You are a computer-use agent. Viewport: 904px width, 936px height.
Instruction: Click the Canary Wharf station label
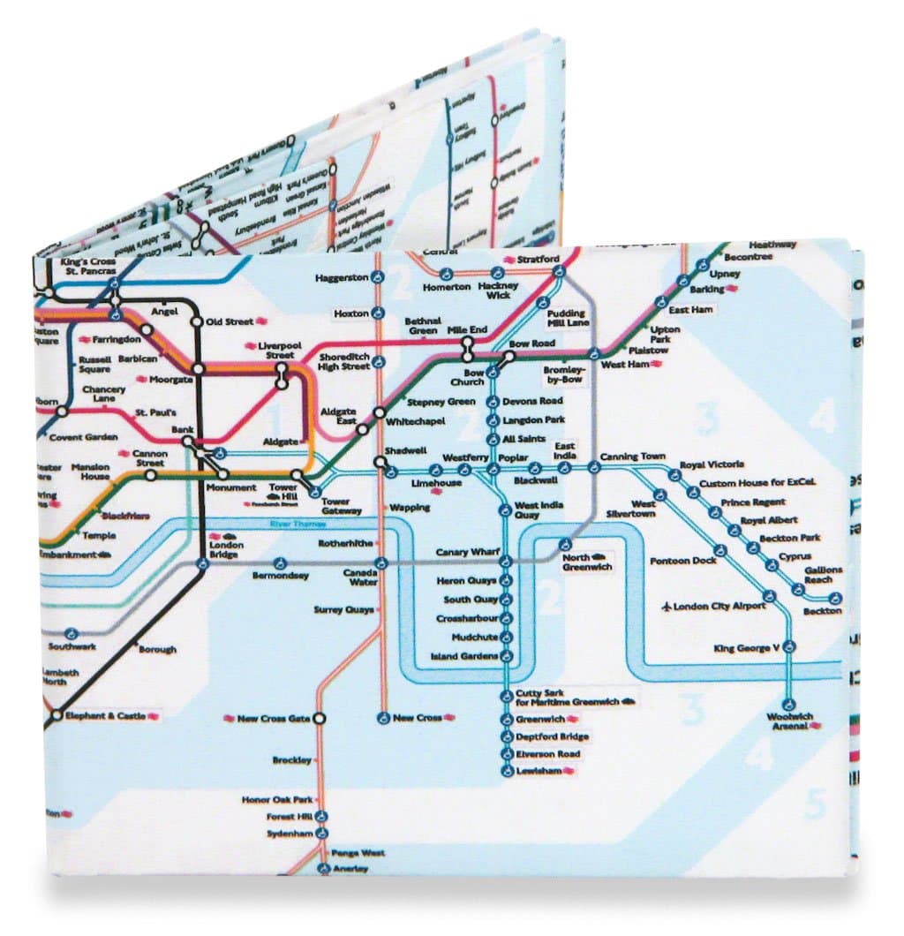click(x=468, y=553)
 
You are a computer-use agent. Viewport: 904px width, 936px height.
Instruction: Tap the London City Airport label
click(x=719, y=607)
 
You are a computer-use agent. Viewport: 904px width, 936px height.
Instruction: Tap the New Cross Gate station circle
click(x=318, y=719)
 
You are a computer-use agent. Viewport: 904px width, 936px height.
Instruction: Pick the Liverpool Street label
click(x=279, y=350)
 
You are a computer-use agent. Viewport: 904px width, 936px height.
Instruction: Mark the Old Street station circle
click(x=196, y=322)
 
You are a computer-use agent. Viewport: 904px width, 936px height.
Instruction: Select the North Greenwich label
click(x=588, y=563)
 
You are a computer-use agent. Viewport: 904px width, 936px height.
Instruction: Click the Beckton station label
click(x=821, y=611)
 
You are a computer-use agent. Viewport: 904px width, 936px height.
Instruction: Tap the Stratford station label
click(x=538, y=259)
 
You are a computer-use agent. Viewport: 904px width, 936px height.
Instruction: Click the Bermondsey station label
click(x=281, y=576)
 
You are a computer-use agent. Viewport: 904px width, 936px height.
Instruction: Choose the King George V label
click(x=747, y=649)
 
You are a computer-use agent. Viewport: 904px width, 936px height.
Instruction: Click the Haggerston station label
click(x=341, y=278)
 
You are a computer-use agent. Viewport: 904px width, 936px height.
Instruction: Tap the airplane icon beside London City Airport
click(x=666, y=607)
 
